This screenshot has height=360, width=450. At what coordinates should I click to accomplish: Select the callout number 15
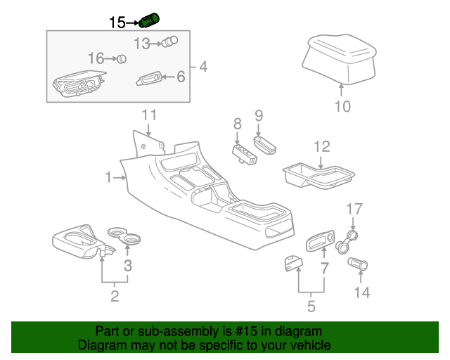117,22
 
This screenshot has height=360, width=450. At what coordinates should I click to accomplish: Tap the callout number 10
341,107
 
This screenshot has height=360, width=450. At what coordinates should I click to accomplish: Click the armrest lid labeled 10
340,59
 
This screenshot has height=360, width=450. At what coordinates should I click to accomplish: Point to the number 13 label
142,44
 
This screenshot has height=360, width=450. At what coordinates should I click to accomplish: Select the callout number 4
203,67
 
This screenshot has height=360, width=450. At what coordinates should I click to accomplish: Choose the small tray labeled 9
265,145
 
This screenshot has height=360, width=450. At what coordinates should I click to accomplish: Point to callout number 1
109,179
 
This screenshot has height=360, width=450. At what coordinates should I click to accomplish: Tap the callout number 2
115,297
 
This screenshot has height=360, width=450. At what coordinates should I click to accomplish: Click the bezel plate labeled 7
319,243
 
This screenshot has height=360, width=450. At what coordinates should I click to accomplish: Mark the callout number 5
310,306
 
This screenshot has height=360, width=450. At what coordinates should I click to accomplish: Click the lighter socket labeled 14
359,266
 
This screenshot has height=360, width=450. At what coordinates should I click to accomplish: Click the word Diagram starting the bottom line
101,345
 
